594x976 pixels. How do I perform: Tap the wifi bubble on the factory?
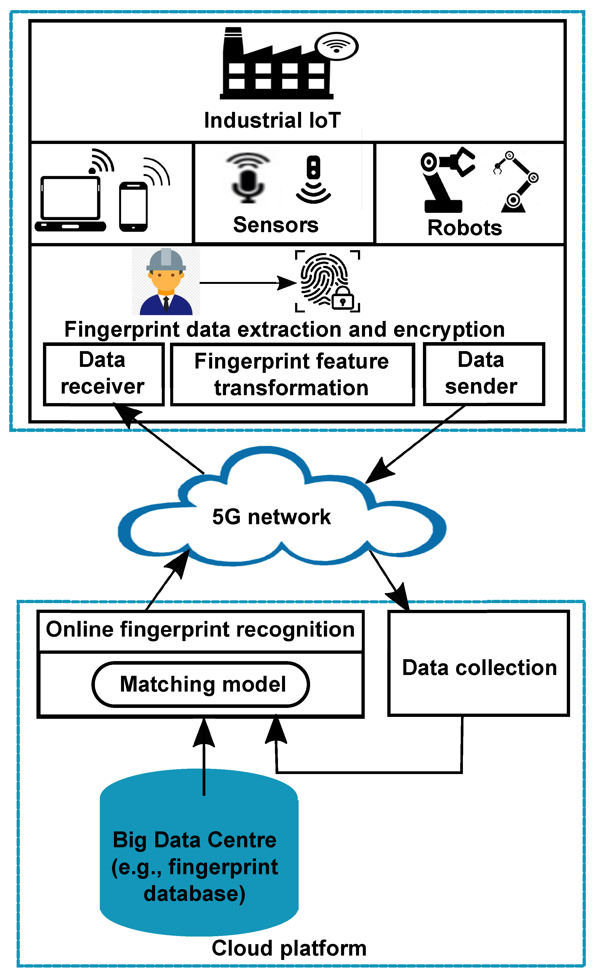(336, 46)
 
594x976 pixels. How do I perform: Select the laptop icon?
(70, 204)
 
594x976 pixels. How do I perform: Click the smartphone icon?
(133, 207)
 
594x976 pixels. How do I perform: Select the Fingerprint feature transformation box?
(292, 374)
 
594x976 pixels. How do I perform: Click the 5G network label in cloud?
(271, 517)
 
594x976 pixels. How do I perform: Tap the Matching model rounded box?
(201, 684)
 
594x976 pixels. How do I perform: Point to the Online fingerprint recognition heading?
(200, 630)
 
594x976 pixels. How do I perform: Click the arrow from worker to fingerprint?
(245, 283)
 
